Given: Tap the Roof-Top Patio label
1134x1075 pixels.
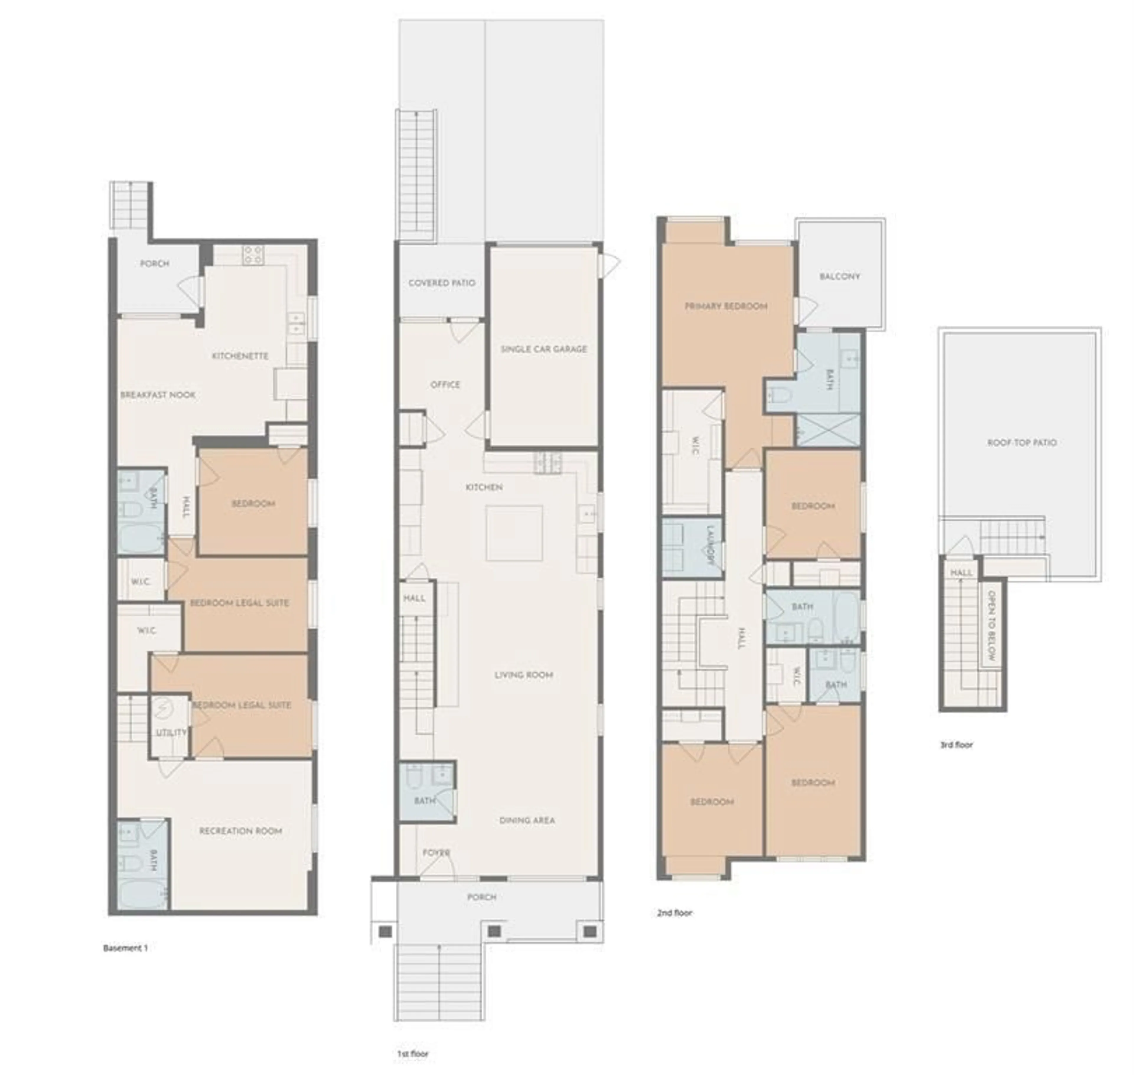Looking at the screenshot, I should coord(1022,442).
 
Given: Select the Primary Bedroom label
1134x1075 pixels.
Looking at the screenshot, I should coord(726,306).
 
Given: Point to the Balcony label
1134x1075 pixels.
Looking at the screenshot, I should coord(840,276).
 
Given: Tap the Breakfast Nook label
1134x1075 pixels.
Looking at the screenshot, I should coord(158,395).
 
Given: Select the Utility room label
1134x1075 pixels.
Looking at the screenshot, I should coord(171,732).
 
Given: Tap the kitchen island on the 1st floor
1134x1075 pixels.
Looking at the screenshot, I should coord(514,533).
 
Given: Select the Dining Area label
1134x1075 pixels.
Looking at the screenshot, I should coord(527,820).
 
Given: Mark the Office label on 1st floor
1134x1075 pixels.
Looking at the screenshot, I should coord(445,384).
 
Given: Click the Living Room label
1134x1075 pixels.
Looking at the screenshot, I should coord(523,675).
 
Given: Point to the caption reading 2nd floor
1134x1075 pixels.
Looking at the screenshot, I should coord(674,913).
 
